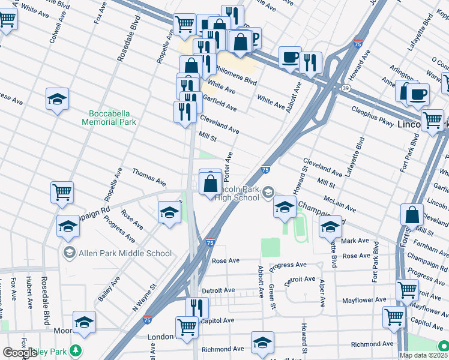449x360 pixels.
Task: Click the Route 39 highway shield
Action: coord(346,88)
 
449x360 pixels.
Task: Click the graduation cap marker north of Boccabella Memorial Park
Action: coord(57,99)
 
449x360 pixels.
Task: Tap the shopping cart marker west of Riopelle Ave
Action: coord(62,193)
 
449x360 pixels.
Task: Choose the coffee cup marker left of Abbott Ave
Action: coord(290,58)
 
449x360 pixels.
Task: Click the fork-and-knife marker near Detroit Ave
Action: coord(197,308)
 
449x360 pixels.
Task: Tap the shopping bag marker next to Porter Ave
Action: coord(211,183)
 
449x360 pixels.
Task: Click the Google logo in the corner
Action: coord(19,353)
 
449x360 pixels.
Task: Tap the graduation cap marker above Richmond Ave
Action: coord(262,343)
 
